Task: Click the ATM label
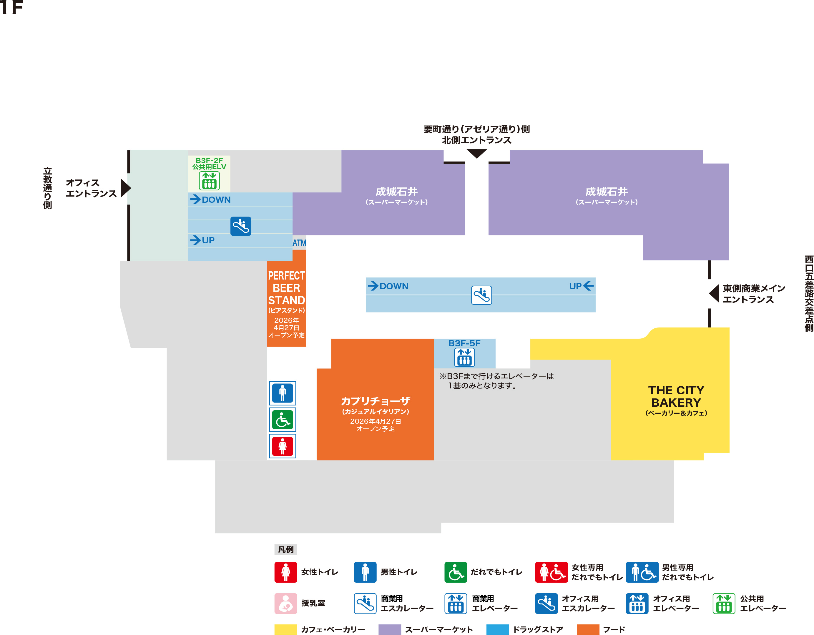tap(299, 243)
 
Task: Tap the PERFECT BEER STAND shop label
tap(286, 288)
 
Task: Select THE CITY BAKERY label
tap(676, 396)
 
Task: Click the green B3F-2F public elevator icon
tap(209, 181)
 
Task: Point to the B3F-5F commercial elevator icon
tap(464, 358)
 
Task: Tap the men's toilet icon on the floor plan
tap(283, 393)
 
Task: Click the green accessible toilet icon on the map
tap(283, 420)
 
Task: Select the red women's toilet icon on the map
tap(283, 446)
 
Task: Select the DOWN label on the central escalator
tap(393, 286)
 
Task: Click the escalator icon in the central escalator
tap(481, 295)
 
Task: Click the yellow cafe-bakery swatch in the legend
tap(285, 629)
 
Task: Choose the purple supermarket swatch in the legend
tap(389, 629)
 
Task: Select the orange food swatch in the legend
tap(588, 629)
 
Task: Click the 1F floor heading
tap(12, 7)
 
